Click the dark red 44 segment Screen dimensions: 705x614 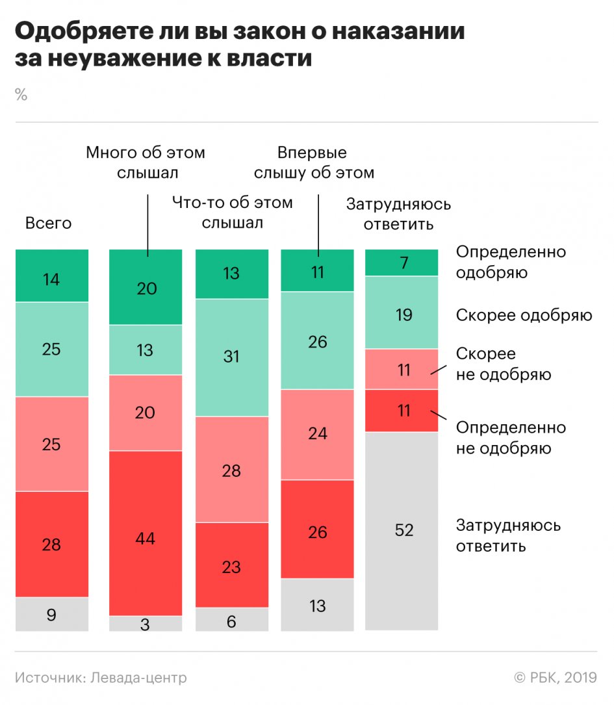[146, 533]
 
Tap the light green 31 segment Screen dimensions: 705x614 [231, 357]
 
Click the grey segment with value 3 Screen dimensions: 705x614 [146, 624]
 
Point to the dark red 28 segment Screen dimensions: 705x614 [52, 544]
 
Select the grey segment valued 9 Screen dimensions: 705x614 [52, 614]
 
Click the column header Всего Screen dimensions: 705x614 [48, 224]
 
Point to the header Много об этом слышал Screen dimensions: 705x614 [146, 163]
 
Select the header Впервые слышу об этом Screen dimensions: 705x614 [313, 163]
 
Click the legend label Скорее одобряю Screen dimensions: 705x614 [524, 316]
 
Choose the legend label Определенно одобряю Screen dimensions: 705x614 [511, 262]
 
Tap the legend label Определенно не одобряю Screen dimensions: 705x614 [511, 438]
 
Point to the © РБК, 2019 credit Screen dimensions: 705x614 [556, 678]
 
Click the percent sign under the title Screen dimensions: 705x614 [21, 95]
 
